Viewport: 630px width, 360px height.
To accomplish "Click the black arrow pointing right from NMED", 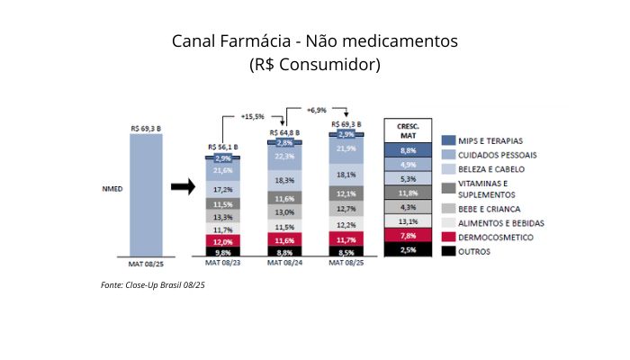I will click(184, 187).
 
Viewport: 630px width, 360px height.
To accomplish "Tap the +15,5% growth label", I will click(252, 116).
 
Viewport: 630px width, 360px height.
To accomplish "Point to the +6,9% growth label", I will click(317, 110).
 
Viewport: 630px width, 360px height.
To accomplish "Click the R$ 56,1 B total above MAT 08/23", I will click(222, 146).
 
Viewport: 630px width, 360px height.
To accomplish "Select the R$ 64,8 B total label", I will click(284, 132).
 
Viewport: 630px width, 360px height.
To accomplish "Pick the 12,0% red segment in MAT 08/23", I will click(222, 241).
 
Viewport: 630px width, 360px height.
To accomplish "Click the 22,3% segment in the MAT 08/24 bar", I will click(284, 157).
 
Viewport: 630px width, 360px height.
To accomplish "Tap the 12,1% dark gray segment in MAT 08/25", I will click(347, 193).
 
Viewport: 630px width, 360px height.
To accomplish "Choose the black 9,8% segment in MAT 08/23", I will click(222, 253).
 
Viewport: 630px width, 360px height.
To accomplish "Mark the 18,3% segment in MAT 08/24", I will click(284, 180).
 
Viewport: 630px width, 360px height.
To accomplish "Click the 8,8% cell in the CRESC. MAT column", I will click(408, 150).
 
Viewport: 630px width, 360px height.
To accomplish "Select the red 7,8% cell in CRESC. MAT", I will click(408, 235).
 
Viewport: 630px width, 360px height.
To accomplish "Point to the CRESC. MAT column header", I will click(408, 128).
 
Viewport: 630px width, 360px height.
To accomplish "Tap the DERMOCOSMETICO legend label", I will click(496, 237).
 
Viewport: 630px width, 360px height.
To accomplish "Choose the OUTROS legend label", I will click(474, 251).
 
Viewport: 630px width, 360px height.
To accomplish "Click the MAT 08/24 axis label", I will click(284, 264).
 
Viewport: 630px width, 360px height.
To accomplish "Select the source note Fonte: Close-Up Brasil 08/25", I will click(153, 285).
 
